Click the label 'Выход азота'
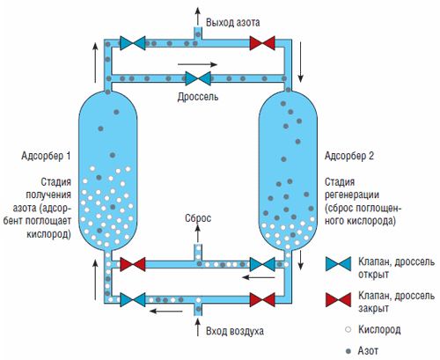(232, 23)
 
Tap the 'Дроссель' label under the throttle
(198, 97)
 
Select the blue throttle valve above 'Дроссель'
(198, 78)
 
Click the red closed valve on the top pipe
(262, 43)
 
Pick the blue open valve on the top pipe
(133, 43)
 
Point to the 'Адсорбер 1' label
(46, 156)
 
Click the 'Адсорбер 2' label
(349, 156)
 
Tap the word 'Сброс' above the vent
(198, 218)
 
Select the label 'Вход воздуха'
(235, 331)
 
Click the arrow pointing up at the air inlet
(198, 327)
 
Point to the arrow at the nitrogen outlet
(198, 16)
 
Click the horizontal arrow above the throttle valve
(197, 64)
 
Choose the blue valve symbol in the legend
(338, 264)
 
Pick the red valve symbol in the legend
(338, 299)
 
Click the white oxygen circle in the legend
(348, 329)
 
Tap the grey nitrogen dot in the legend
(348, 351)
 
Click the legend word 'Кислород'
(379, 330)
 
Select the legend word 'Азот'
(368, 351)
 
